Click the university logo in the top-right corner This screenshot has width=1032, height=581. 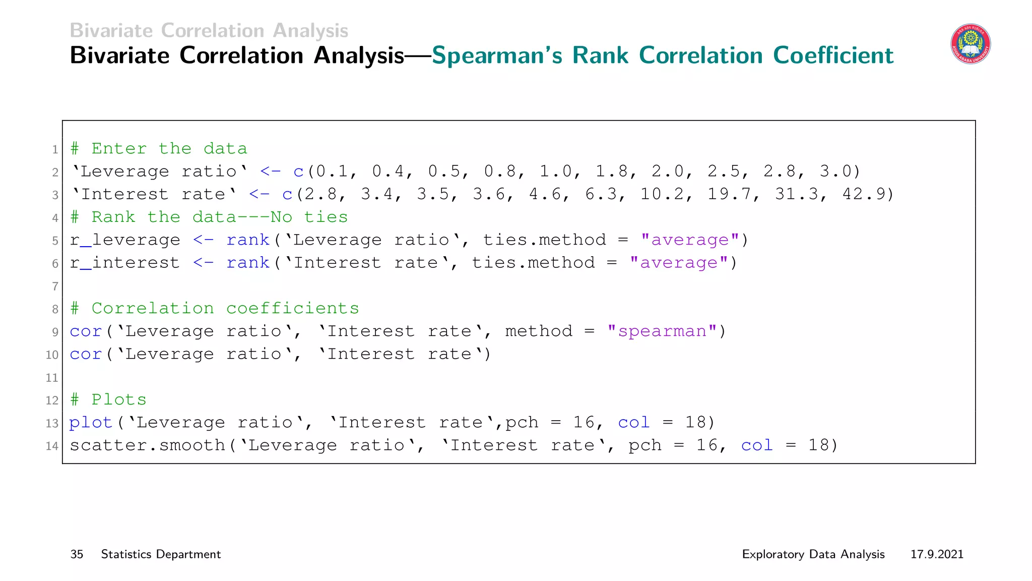click(x=971, y=44)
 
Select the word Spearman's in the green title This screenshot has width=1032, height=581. click(x=497, y=55)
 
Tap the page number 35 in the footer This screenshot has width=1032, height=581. click(x=77, y=554)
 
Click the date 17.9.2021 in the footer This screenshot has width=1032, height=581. click(x=937, y=554)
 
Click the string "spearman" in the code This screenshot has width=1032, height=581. click(x=662, y=331)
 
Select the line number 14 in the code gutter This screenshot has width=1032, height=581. click(x=52, y=446)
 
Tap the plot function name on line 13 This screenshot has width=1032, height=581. click(x=91, y=423)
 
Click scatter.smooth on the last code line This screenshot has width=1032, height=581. click(x=147, y=445)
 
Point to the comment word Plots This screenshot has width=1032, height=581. click(x=119, y=400)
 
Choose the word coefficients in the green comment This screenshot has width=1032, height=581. click(x=293, y=309)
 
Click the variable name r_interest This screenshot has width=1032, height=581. click(x=124, y=263)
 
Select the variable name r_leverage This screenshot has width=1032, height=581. click(x=124, y=240)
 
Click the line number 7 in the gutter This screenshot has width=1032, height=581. click(x=55, y=286)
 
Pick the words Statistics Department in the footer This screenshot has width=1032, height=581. click(x=161, y=554)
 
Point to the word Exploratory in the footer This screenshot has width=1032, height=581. click(x=772, y=554)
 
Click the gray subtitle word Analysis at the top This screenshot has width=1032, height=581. click(x=310, y=31)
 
